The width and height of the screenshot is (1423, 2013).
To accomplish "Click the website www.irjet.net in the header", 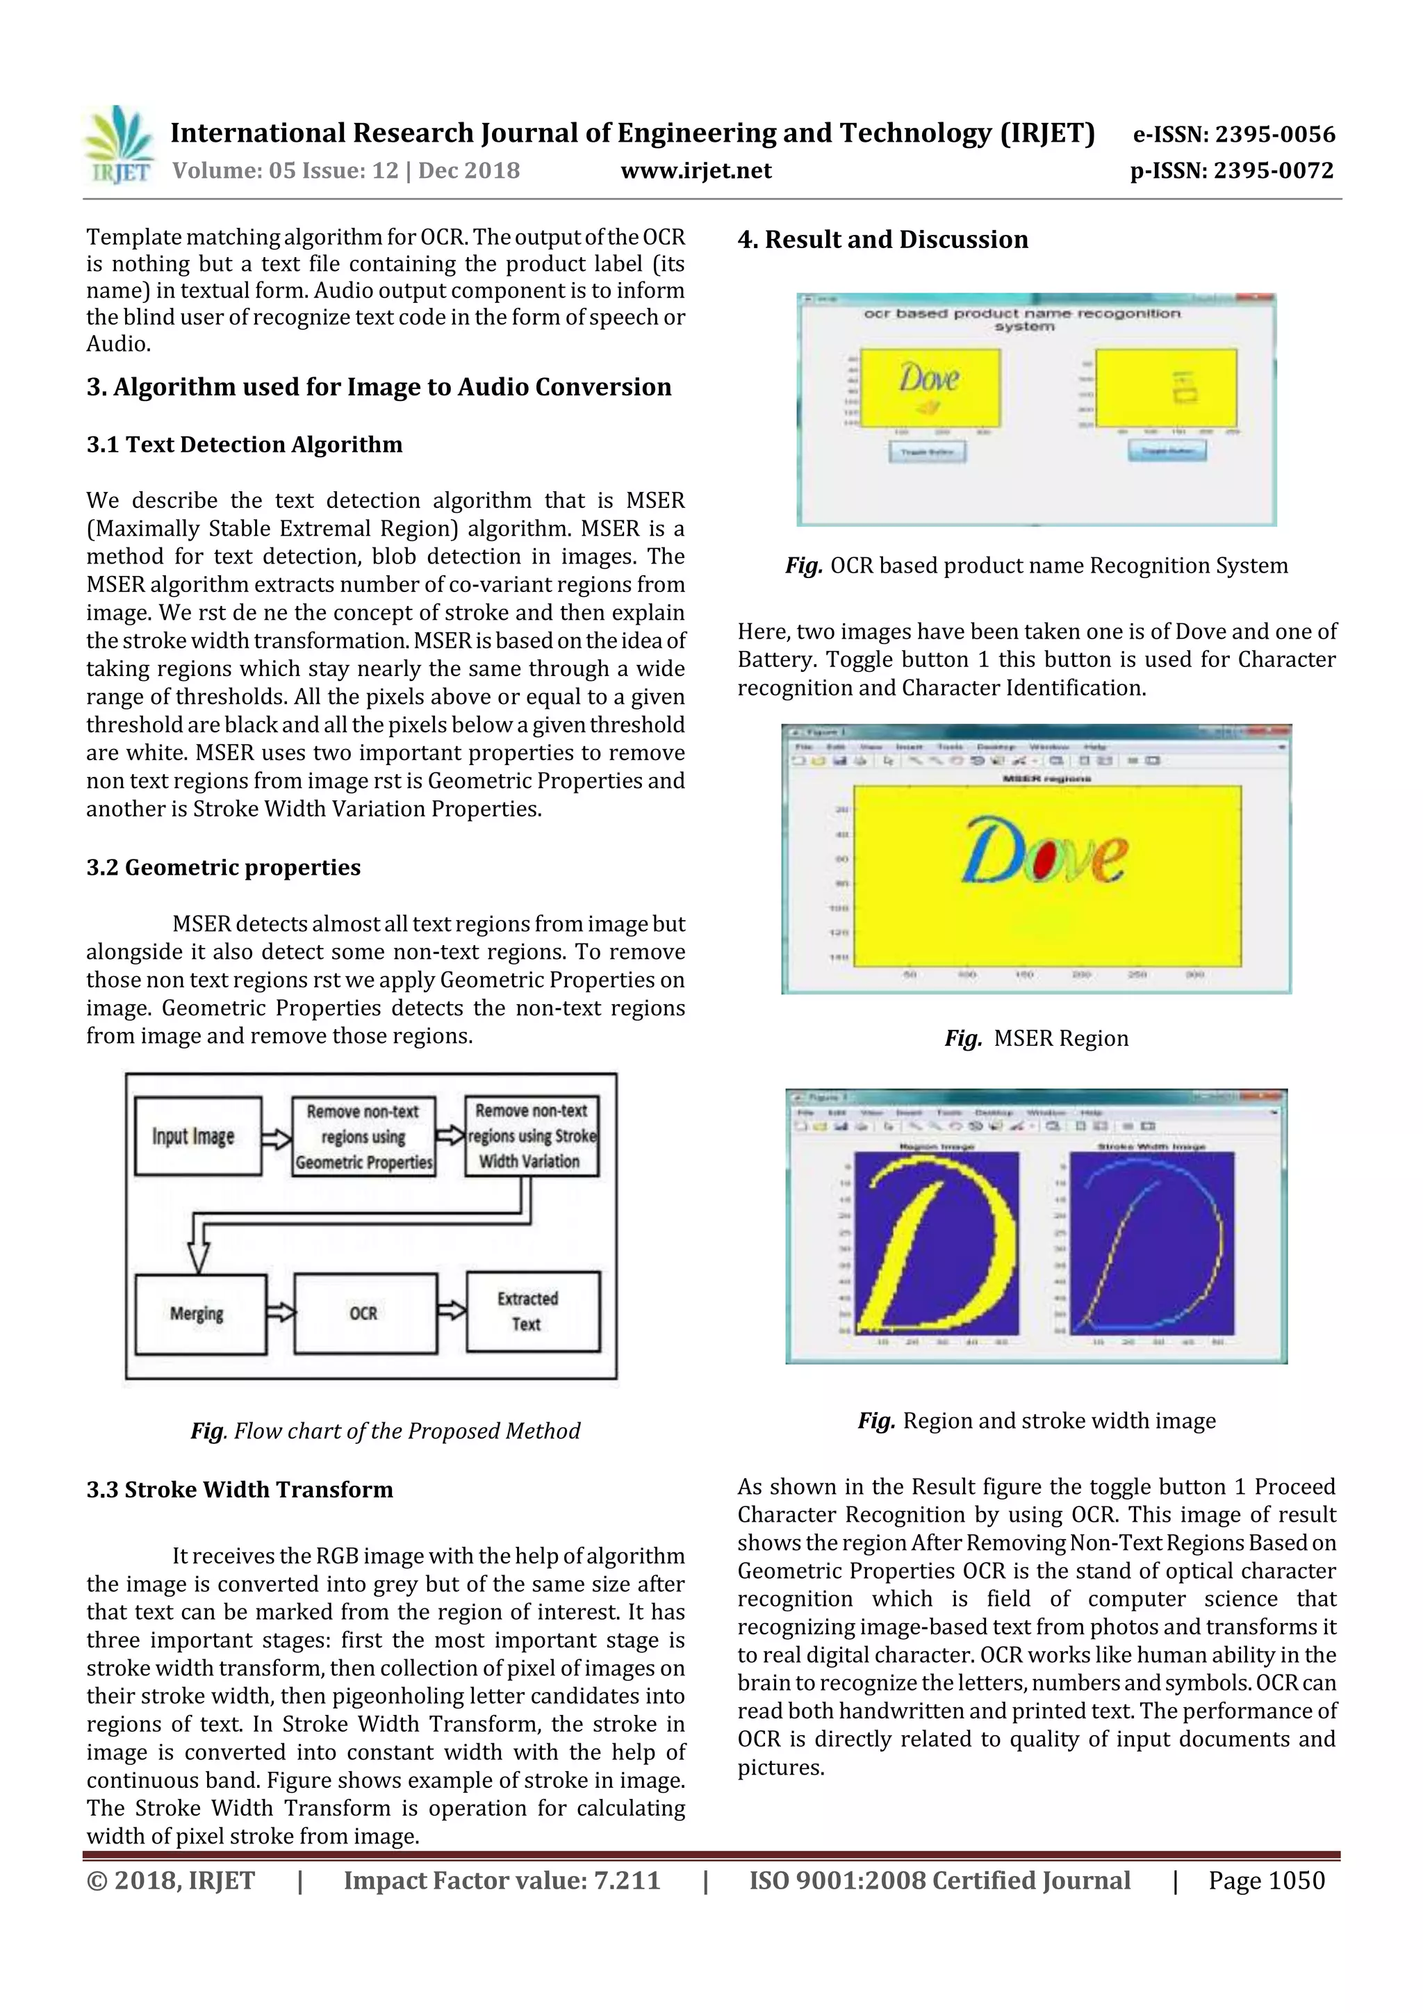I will click(x=696, y=171).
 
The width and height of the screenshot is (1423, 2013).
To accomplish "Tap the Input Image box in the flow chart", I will click(x=197, y=1136).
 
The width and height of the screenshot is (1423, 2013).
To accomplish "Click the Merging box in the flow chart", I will click(x=200, y=1313).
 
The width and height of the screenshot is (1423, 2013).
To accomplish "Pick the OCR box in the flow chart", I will click(x=365, y=1313).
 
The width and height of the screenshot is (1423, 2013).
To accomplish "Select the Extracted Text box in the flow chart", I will click(x=532, y=1312).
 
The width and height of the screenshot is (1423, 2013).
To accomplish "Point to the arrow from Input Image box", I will click(x=276, y=1139).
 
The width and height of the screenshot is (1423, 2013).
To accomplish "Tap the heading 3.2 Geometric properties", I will click(x=223, y=867).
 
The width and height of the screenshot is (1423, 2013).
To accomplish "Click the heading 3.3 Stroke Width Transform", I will click(x=239, y=1490).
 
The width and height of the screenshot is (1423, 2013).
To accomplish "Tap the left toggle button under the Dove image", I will click(x=928, y=452).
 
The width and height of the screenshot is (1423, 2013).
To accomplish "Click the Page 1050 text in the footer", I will click(x=1266, y=1880).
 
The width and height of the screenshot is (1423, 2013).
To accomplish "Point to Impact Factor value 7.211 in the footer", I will click(x=502, y=1880).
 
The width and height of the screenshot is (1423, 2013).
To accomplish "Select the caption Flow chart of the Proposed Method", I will click(x=386, y=1431).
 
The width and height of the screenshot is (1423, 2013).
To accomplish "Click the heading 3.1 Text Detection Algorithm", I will click(x=244, y=445).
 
